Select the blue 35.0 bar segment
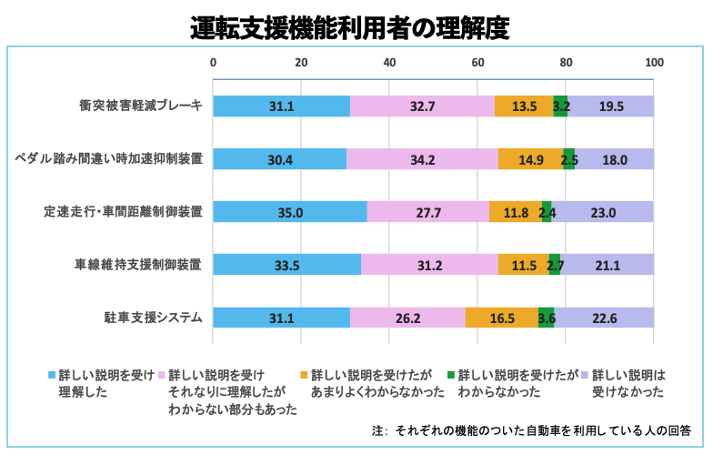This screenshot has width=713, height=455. click(290, 212)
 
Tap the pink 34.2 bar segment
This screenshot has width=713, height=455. click(423, 159)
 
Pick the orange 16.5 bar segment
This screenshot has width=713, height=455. click(502, 318)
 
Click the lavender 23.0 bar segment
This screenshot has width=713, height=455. click(603, 212)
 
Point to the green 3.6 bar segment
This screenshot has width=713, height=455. click(547, 318)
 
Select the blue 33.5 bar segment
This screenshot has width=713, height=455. click(286, 265)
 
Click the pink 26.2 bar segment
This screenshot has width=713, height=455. click(408, 318)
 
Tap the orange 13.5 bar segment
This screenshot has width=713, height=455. click(524, 106)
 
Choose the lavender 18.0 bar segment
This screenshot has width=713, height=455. click(615, 159)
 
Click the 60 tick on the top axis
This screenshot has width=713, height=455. click(477, 64)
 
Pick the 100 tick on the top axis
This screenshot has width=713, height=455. click(654, 64)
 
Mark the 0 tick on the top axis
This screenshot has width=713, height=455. click(214, 64)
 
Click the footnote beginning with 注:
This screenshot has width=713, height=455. click(532, 429)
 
